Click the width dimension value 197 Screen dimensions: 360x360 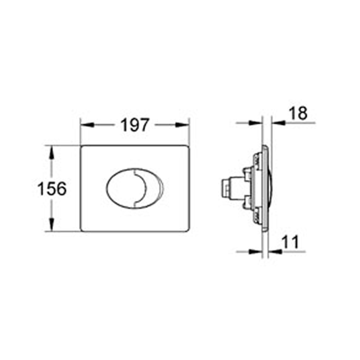click(x=134, y=125)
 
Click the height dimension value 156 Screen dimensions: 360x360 click(x=52, y=189)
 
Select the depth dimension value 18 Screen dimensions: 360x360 click(x=297, y=114)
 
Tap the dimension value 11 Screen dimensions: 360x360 click(x=292, y=243)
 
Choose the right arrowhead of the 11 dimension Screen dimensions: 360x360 click(x=274, y=251)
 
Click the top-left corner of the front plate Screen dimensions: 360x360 click(x=82, y=147)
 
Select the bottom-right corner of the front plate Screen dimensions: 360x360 click(x=188, y=230)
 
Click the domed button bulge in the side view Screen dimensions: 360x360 click(x=271, y=189)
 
